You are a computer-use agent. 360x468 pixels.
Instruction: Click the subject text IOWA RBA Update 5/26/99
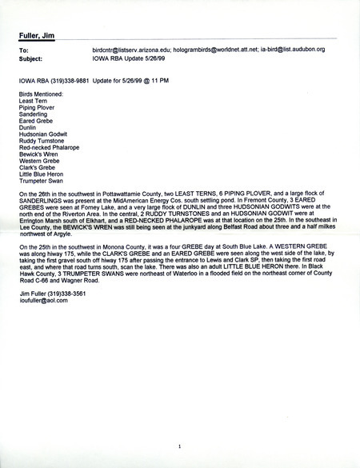pyautogui.click(x=129, y=57)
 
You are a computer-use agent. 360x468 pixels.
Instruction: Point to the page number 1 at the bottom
pyautogui.click(x=181, y=445)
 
